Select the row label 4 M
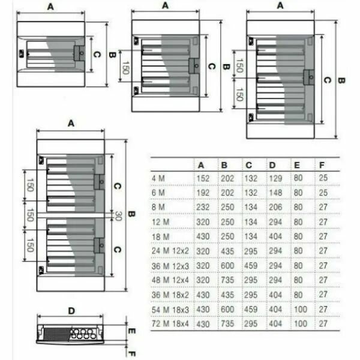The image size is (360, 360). pyautogui.click(x=158, y=178)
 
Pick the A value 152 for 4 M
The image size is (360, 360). pyautogui.click(x=203, y=178)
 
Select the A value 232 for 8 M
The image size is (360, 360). pyautogui.click(x=203, y=207)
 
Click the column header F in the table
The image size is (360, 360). pyautogui.click(x=322, y=165)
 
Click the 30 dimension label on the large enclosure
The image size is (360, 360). pyautogui.click(x=118, y=215)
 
